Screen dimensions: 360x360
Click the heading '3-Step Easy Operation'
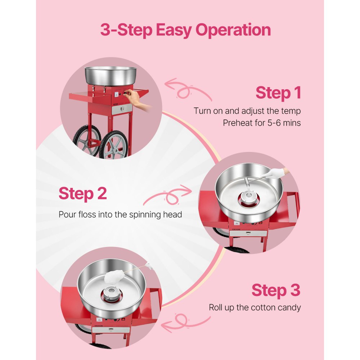tap(185, 30)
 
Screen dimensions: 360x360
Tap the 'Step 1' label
tap(278, 93)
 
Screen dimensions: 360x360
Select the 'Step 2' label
tap(82, 193)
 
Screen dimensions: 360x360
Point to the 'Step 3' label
tap(276, 290)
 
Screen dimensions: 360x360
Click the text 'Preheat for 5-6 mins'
tap(262, 123)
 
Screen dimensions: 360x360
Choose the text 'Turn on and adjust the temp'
tap(247, 111)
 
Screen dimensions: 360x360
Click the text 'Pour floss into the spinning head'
tap(120, 215)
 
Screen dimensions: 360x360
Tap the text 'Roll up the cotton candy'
tap(255, 308)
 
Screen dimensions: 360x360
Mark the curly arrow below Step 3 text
tap(185, 322)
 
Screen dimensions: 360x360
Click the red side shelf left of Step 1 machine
tap(83, 96)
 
